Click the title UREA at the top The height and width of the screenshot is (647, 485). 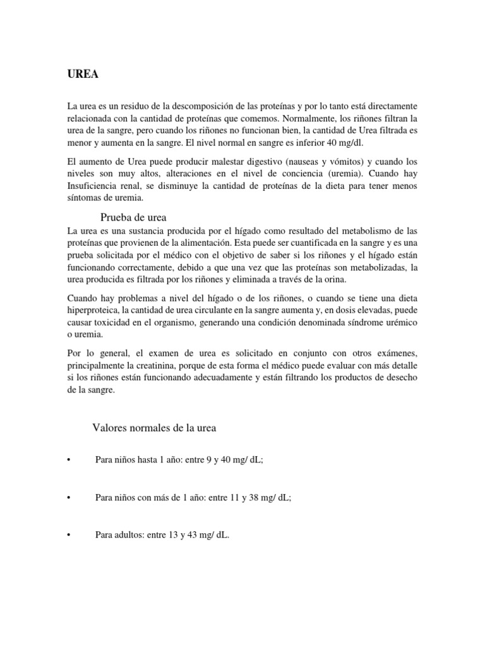pos(83,75)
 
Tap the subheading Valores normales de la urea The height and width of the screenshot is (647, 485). pos(155,428)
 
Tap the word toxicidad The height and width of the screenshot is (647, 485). pos(113,322)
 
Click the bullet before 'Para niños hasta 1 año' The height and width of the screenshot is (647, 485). pos(68,461)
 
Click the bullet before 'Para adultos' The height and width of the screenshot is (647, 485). pos(68,535)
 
